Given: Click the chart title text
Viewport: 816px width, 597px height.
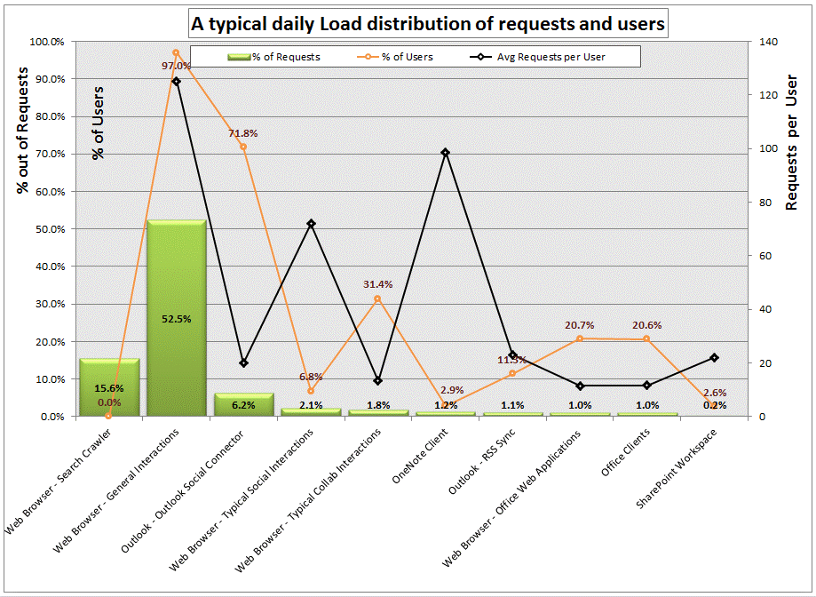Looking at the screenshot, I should pos(426,24).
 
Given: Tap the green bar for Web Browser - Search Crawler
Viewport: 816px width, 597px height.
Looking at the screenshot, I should pos(108,387).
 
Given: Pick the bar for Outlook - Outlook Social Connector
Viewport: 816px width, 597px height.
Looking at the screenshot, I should pos(243,405).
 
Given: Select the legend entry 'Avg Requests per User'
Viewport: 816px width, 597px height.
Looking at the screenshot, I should pos(551,57).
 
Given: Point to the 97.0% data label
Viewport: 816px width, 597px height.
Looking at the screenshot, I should pos(176,66).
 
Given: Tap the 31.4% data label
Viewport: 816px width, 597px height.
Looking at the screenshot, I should pos(377,284).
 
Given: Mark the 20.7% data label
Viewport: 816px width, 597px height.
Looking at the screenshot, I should pos(580,325).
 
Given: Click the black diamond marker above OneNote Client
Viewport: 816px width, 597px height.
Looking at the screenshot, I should pos(445,152).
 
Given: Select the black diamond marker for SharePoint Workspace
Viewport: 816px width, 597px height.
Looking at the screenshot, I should pos(714,357).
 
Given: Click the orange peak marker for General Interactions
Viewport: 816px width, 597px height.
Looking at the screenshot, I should pos(176,52).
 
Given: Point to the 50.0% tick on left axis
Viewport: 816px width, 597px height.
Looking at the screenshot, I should pos(47,229).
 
